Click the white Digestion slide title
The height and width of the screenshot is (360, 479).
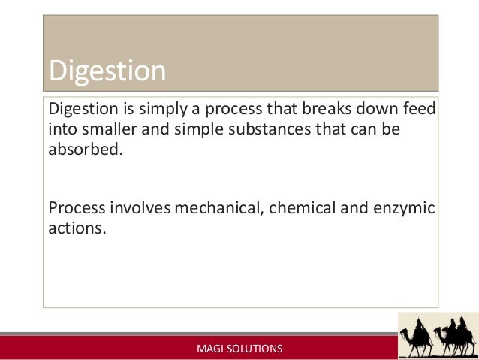(107, 71)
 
